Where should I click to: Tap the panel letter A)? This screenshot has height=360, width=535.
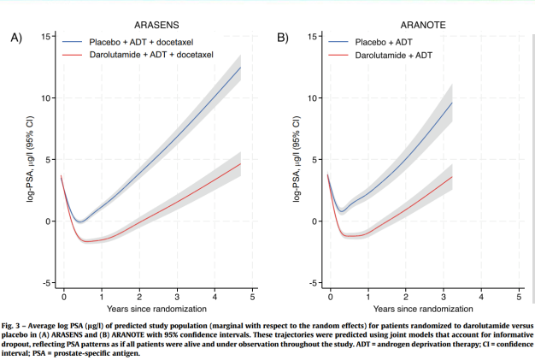[15, 38]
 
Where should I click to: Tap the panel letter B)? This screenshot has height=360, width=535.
[283, 38]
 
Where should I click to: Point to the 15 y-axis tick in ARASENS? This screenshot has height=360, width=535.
[47, 37]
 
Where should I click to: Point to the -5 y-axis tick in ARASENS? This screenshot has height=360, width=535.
[47, 283]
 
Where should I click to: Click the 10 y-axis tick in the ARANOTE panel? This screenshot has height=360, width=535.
[315, 98]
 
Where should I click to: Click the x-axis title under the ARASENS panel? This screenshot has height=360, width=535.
[157, 308]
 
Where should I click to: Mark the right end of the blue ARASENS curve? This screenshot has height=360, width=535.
[241, 68]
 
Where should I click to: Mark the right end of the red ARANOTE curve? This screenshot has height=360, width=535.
[452, 177]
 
